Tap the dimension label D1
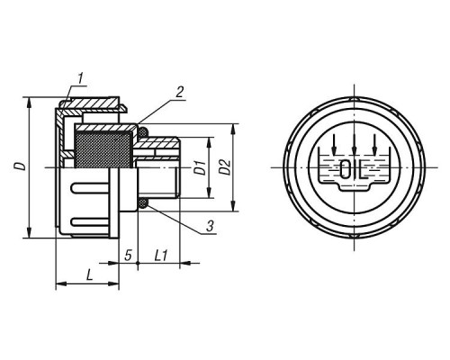click(x=200, y=167)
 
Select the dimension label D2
click(x=225, y=167)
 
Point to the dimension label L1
click(x=160, y=256)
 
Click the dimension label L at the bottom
click(x=89, y=275)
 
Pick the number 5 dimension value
click(x=128, y=256)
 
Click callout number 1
click(x=80, y=78)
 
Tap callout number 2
click(x=179, y=92)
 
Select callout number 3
click(x=210, y=226)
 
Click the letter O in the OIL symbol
click(x=346, y=169)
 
